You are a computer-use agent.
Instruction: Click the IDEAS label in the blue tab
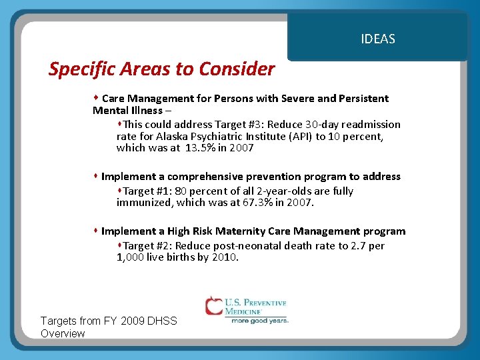377,39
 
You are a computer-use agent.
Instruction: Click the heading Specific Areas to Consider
161,69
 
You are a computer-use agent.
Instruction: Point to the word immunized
143,203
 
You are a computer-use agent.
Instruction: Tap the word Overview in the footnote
63,333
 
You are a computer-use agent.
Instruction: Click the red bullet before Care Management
96,98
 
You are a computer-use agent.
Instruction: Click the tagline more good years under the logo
259,321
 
